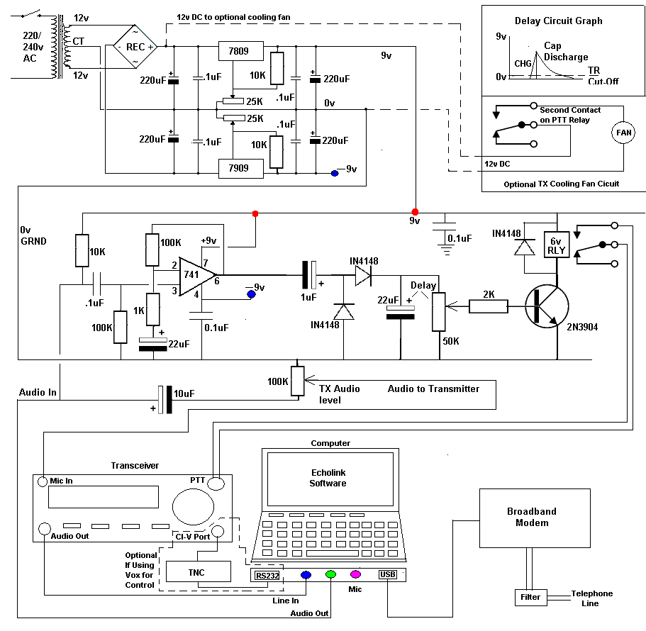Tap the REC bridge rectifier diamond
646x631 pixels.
coord(137,47)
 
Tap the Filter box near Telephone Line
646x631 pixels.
coord(530,597)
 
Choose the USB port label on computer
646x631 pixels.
coord(388,575)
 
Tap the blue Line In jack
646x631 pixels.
coord(306,576)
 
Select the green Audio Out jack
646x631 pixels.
coord(330,575)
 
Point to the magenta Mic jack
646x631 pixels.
coord(355,575)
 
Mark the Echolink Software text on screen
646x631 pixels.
coord(328,478)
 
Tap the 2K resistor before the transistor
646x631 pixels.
coord(489,306)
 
